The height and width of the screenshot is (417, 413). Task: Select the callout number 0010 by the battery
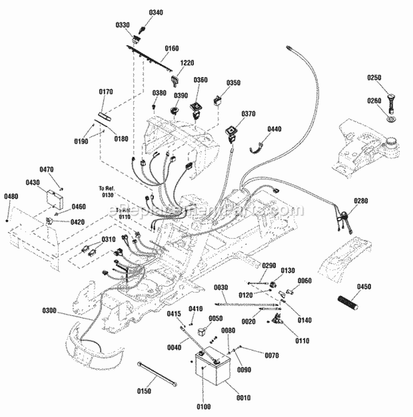pyautogui.click(x=243, y=398)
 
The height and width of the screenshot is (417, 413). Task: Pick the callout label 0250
pyautogui.click(x=375, y=78)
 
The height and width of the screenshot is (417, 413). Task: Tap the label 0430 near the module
pyautogui.click(x=34, y=182)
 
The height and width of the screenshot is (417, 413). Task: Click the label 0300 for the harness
pyautogui.click(x=49, y=311)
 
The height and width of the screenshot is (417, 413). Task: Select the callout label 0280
pyautogui.click(x=376, y=201)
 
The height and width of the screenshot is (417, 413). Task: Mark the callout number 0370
pyautogui.click(x=248, y=114)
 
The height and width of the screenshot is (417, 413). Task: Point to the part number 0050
pyautogui.click(x=215, y=318)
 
